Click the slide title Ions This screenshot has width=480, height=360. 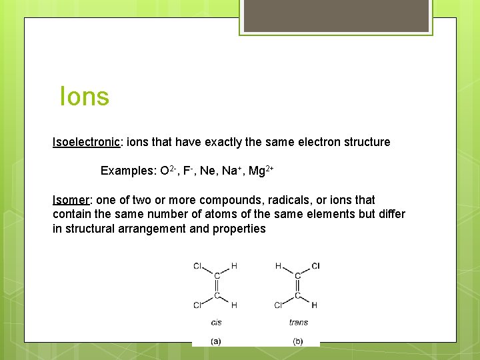pos(84,97)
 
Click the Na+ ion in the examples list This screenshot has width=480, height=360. pos(230,171)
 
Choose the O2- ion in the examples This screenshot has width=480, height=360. pos(167,171)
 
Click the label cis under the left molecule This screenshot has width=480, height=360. pos(216,322)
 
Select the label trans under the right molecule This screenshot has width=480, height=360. pos(298,322)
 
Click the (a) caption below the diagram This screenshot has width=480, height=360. pos(216,341)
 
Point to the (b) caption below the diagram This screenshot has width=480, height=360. pos(298,341)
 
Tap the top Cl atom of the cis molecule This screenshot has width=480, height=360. pos(197,266)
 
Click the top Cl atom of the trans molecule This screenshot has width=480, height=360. pos(315,266)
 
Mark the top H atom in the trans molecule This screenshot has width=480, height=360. pos(279,266)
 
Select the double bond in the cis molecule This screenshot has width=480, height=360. pos(216,285)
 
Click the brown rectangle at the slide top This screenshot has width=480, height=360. pos(335,15)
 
